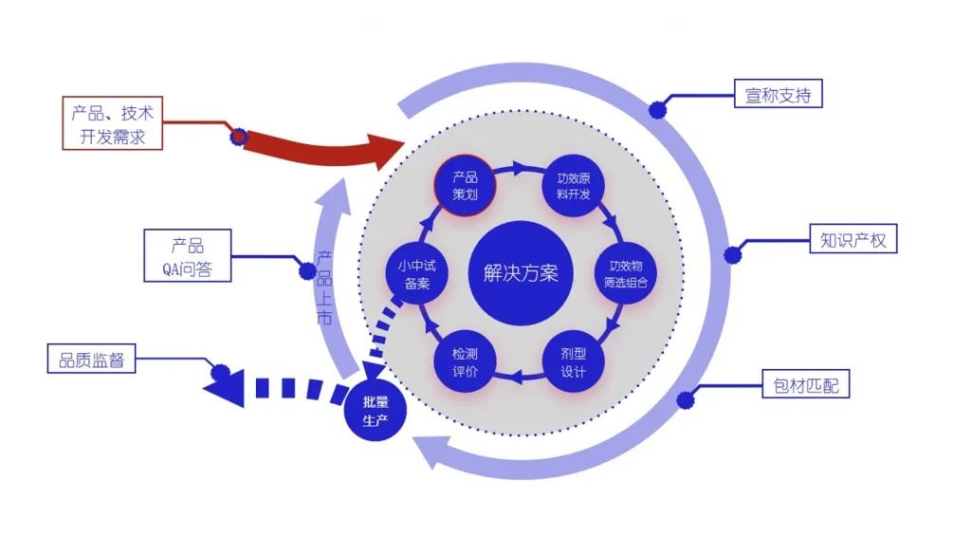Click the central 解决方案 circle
[521, 273]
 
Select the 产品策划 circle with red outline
[465, 186]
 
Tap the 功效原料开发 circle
[574, 186]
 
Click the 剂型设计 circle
[574, 361]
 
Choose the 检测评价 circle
[465, 361]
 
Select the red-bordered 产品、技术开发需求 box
[112, 123]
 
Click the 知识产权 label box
[852, 240]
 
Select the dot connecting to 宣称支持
[658, 111]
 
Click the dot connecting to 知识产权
[733, 255]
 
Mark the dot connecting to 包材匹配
[686, 400]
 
